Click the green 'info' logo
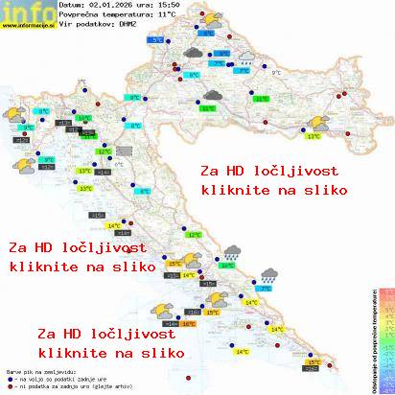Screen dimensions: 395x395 (24, 11)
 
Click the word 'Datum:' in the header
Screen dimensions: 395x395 (71, 6)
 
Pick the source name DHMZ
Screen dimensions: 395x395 (128, 25)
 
